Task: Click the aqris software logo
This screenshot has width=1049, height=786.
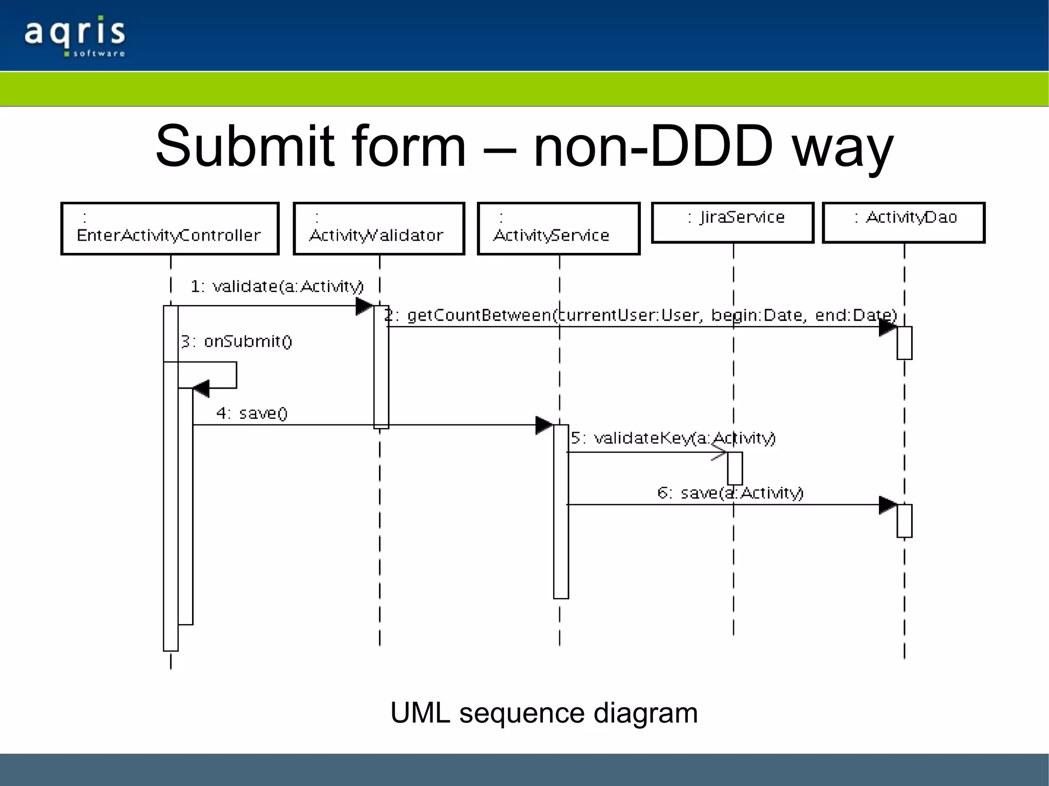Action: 75,36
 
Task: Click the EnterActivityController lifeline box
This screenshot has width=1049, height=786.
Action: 170,228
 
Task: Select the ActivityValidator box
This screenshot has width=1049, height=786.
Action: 379,228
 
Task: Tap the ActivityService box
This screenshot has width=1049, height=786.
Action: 559,228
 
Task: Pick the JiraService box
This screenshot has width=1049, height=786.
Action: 732,222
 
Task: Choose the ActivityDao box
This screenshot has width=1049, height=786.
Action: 904,222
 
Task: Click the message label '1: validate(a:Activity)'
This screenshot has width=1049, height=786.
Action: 277,286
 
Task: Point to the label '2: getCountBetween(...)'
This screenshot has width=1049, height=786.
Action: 640,315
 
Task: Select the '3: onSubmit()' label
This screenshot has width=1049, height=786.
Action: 236,341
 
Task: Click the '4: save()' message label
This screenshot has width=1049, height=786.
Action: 251,413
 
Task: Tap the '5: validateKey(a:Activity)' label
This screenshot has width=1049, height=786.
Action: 673,438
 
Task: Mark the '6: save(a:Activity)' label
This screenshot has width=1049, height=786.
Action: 730,493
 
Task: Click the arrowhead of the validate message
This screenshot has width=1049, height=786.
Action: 365,306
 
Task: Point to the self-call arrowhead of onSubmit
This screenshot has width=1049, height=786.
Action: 201,389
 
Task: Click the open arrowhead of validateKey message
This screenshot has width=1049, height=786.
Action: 719,452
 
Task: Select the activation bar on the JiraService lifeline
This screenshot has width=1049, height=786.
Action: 735,468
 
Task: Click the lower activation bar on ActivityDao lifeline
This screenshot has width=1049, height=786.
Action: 904,521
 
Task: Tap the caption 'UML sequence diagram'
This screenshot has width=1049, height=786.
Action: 544,713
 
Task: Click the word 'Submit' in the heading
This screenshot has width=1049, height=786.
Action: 245,146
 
